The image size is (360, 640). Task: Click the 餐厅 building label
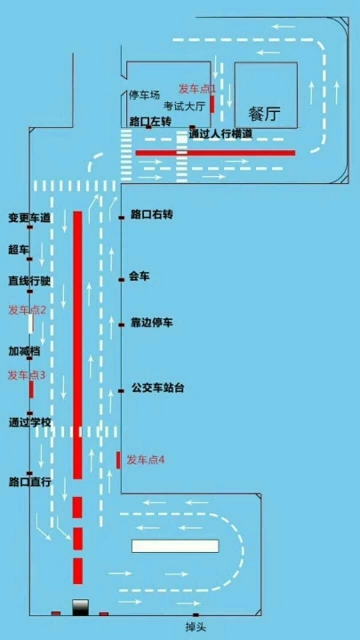pyautogui.click(x=266, y=115)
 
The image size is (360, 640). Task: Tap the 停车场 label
pyautogui.click(x=144, y=95)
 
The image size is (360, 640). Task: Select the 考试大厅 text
pyautogui.click(x=184, y=106)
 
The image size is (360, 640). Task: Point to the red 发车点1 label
pyautogui.click(x=196, y=88)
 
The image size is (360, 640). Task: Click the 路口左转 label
pyautogui.click(x=150, y=121)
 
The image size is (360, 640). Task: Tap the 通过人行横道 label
pyautogui.click(x=220, y=133)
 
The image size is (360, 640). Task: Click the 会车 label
pyautogui.click(x=140, y=276)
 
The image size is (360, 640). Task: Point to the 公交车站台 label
pyautogui.click(x=157, y=388)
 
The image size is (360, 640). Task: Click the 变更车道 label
pyautogui.click(x=29, y=218)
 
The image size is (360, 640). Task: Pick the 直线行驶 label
pyautogui.click(x=29, y=281)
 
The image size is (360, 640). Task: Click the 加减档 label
pyautogui.click(x=25, y=350)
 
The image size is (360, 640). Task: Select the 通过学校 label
pyautogui.click(x=30, y=422)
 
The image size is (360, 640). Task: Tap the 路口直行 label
pyautogui.click(x=30, y=482)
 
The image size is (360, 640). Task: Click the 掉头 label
pyautogui.click(x=195, y=626)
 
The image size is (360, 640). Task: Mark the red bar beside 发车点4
pyautogui.click(x=118, y=460)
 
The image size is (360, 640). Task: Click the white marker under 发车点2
pyautogui.click(x=30, y=324)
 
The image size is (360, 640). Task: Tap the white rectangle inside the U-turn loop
pyautogui.click(x=175, y=546)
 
